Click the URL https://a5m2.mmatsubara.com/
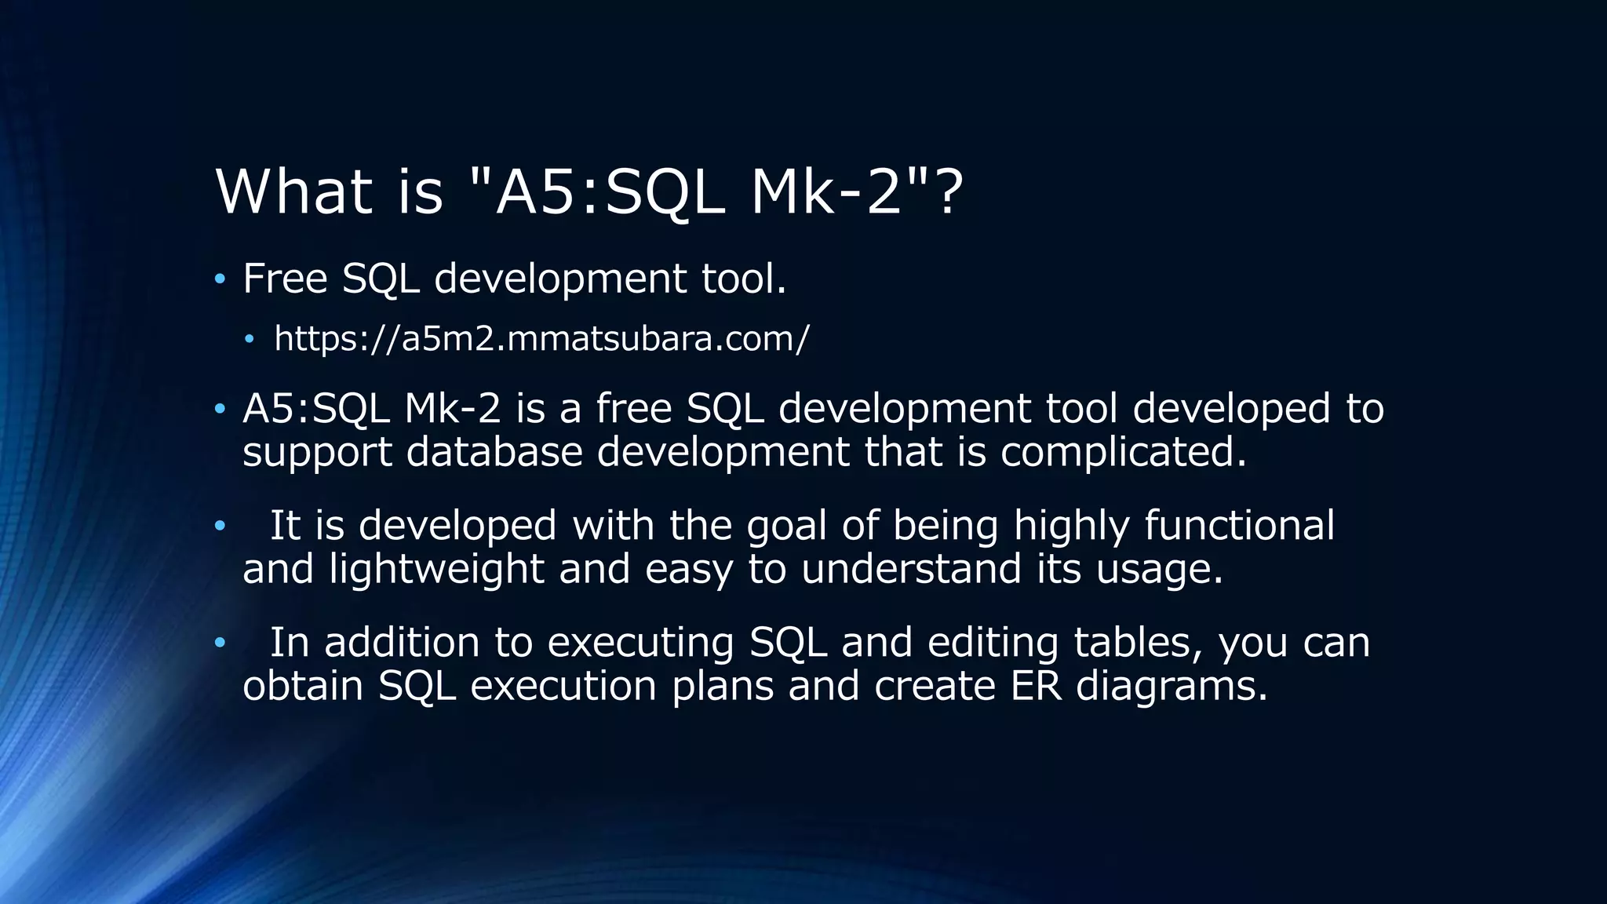pos(541,339)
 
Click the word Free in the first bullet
pos(285,279)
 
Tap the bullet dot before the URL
pos(250,340)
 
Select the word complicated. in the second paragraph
pos(1123,452)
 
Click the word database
pos(494,452)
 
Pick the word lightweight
pos(435,569)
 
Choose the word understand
pos(911,569)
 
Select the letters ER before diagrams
pos(1036,686)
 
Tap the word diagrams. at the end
pos(1172,686)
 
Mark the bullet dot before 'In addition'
pos(220,643)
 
